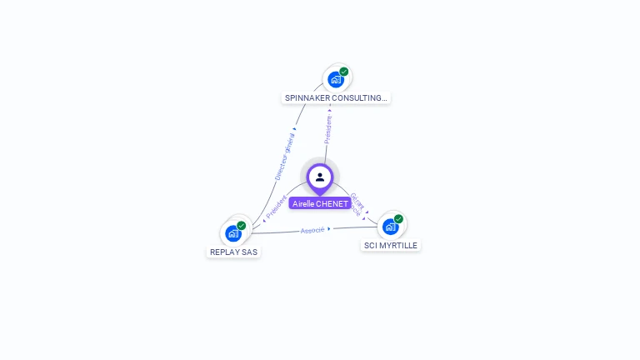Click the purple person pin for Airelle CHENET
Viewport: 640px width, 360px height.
[320, 177]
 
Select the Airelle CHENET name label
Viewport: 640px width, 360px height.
[320, 203]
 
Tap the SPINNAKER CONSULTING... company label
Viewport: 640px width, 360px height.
[336, 97]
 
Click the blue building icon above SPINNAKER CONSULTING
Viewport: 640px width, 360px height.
[335, 80]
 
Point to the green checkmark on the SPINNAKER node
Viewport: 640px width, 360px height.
[344, 72]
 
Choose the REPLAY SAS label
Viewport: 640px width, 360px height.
[233, 252]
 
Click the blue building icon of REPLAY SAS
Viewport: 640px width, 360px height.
[232, 233]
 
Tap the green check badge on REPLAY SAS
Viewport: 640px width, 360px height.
[242, 225]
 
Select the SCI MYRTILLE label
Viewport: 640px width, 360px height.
[391, 245]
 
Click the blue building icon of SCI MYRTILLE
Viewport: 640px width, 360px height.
[390, 227]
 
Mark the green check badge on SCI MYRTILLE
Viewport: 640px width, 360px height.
[398, 219]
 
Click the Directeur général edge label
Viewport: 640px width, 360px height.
[285, 156]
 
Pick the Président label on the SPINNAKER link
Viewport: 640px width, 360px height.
[327, 129]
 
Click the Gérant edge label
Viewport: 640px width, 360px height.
[356, 199]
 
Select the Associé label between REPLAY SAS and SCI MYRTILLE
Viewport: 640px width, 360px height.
[312, 229]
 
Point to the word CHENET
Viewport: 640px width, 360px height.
[332, 203]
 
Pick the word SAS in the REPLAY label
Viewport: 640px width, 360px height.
[249, 252]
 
